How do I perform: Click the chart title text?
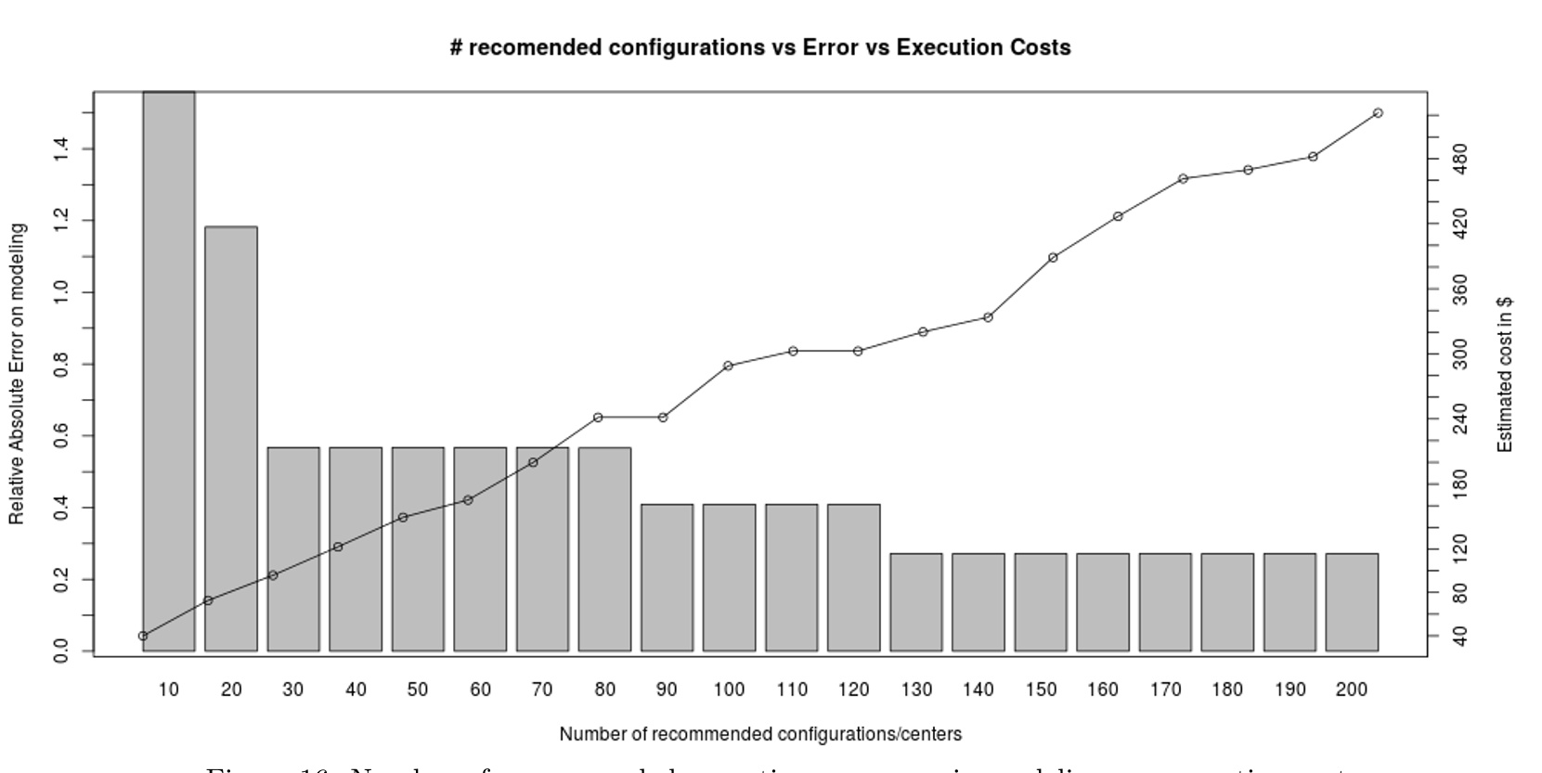[759, 47]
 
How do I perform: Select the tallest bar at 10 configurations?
[168, 371]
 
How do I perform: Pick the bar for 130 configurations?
[916, 602]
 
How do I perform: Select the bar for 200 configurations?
[1352, 602]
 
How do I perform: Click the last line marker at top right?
[1378, 113]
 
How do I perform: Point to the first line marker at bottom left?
[143, 636]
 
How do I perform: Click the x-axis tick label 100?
[729, 689]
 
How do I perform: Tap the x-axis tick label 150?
[1041, 689]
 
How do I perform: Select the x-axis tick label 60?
[480, 689]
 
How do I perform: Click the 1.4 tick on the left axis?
[61, 148]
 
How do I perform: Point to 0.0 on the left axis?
[61, 651]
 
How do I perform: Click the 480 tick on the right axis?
[1459, 159]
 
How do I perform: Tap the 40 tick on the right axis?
[1459, 637]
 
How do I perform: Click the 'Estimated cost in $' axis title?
[1505, 375]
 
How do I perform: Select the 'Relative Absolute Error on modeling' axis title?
[17, 374]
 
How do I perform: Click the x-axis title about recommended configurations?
[760, 734]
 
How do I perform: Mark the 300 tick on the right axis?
[1459, 354]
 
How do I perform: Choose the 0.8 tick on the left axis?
[61, 364]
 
